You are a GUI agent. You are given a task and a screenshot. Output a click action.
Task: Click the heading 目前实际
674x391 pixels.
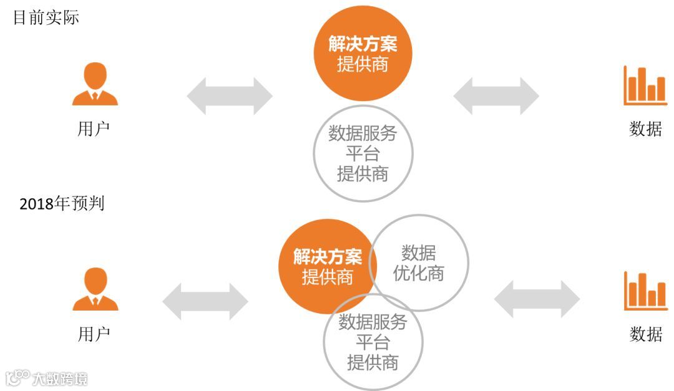46,17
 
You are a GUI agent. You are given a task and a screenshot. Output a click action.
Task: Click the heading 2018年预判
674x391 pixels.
62,204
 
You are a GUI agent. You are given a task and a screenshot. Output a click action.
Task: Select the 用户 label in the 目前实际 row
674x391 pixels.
94,129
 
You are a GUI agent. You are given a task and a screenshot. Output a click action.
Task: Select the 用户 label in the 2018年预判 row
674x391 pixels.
94,334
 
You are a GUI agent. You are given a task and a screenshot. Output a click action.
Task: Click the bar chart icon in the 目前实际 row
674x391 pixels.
645,85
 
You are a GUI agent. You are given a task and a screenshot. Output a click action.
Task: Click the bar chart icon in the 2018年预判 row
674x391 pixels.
645,291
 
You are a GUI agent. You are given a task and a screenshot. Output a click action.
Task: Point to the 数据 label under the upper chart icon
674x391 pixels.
645,129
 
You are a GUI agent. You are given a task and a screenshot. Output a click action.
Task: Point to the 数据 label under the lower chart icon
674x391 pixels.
645,334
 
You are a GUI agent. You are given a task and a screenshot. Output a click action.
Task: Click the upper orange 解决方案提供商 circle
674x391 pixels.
363,53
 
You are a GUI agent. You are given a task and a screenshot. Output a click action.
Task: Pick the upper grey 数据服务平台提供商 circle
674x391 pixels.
363,153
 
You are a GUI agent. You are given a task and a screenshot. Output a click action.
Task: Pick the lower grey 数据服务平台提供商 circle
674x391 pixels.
373,342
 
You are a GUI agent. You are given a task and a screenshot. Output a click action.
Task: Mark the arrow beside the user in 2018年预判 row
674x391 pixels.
205,302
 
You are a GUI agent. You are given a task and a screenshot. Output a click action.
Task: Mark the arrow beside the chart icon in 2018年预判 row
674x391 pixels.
537,299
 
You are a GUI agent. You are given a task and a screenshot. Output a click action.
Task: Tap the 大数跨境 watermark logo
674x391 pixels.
47,378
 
